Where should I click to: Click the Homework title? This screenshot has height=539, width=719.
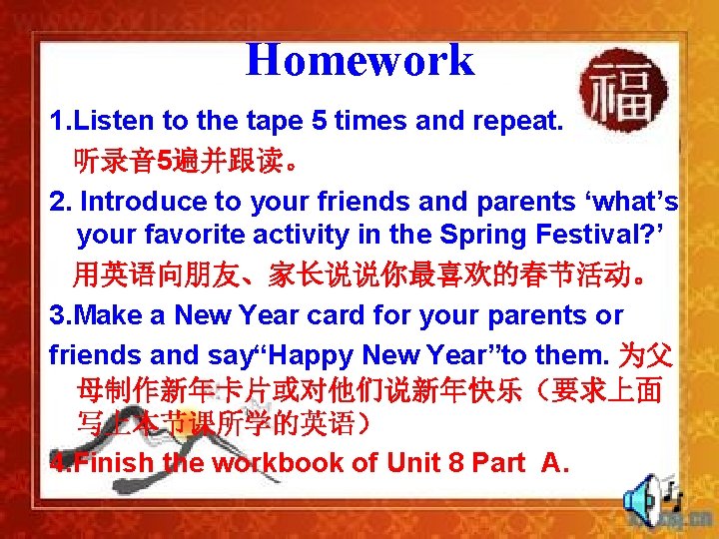(x=359, y=60)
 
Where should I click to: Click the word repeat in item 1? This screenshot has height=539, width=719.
(x=518, y=122)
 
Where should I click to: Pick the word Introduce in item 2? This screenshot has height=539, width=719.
(x=144, y=202)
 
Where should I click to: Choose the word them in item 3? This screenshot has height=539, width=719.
(x=573, y=353)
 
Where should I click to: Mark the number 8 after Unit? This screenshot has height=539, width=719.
(x=434, y=463)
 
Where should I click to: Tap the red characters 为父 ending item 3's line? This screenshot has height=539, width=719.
(x=646, y=353)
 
